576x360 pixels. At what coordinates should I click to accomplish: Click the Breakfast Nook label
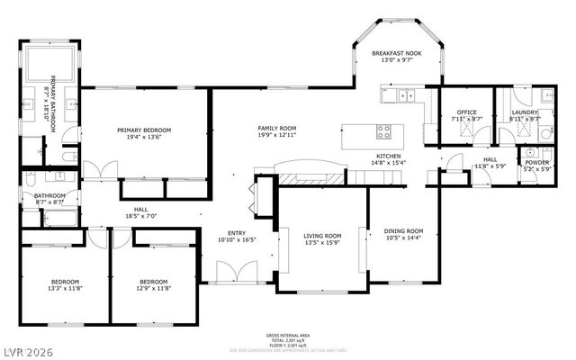pos(397,55)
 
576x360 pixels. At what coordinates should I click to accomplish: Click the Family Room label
pos(276,130)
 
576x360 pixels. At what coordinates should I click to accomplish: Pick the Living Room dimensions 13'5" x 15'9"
pos(320,242)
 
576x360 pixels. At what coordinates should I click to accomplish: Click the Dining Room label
pos(403,231)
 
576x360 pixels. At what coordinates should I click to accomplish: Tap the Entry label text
pos(237,233)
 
